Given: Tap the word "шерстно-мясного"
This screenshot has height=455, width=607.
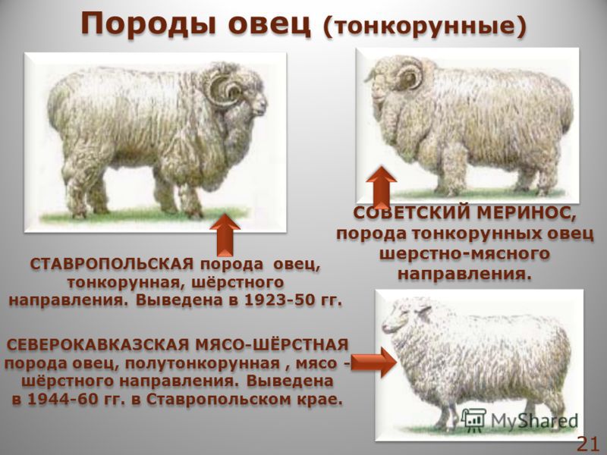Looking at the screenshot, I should (x=464, y=253).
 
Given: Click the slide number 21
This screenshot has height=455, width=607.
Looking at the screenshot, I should (x=588, y=444).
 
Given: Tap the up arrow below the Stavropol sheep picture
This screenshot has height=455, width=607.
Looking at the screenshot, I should (x=224, y=234).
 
